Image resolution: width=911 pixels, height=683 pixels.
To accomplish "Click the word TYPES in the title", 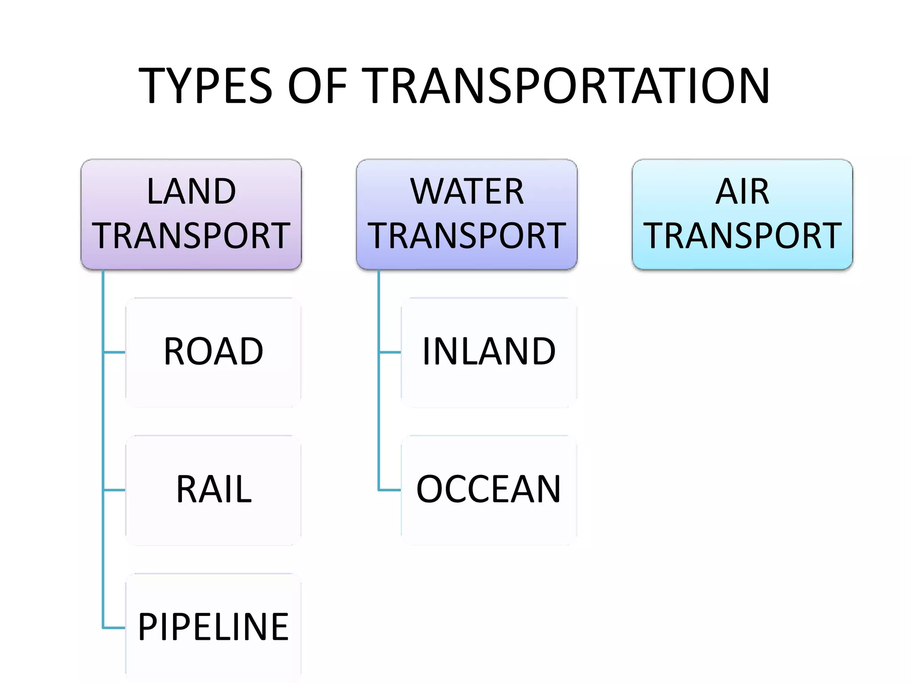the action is pyautogui.click(x=205, y=85).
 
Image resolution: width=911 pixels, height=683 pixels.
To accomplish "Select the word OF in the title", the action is pyautogui.click(x=317, y=85).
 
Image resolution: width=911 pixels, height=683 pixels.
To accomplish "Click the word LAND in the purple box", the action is pyautogui.click(x=191, y=191).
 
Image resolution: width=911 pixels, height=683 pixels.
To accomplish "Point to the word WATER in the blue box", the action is pyautogui.click(x=467, y=191).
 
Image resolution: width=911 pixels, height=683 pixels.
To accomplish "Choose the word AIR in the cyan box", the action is pyautogui.click(x=742, y=191).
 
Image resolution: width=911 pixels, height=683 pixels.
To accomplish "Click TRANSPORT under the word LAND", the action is pyautogui.click(x=191, y=235).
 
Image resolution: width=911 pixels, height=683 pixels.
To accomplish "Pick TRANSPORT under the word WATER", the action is pyautogui.click(x=467, y=235).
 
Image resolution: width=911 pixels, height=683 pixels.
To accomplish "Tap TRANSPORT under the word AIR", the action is pyautogui.click(x=742, y=235).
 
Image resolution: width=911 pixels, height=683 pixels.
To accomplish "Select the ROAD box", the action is pyautogui.click(x=214, y=353).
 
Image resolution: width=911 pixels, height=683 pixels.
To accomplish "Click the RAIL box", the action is pyautogui.click(x=214, y=490).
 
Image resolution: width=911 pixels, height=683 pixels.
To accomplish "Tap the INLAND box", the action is pyautogui.click(x=489, y=353).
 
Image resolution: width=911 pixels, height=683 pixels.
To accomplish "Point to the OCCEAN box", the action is pyautogui.click(x=489, y=490).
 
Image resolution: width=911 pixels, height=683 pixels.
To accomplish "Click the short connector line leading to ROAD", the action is pyautogui.click(x=114, y=353).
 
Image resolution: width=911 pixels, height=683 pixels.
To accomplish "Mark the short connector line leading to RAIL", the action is pyautogui.click(x=114, y=490).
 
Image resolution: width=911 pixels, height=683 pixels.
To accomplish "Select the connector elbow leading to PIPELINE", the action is pyautogui.click(x=103, y=628).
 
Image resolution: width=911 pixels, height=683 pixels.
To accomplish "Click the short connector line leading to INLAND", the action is pyautogui.click(x=390, y=353).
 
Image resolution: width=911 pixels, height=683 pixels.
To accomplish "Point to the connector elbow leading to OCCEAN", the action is pyautogui.click(x=379, y=490).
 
